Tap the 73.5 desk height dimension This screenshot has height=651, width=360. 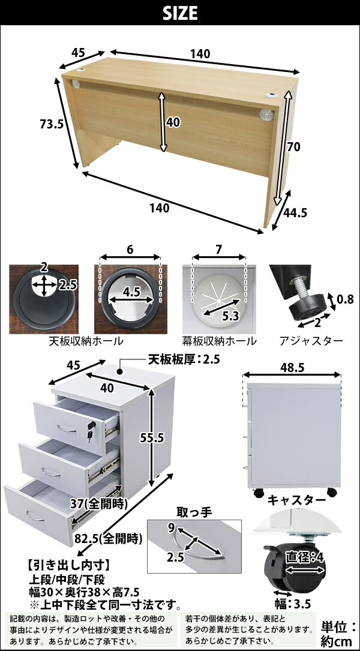point(51,124)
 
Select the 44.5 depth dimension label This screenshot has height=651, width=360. point(295,212)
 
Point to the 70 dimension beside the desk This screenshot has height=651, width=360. point(293,146)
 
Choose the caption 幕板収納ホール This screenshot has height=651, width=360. point(219,341)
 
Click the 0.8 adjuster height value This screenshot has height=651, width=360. point(345,299)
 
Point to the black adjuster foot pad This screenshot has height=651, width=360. point(307,310)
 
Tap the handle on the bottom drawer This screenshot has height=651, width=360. point(35,517)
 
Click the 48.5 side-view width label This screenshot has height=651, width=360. point(292,367)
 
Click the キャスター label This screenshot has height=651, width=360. point(296,500)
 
